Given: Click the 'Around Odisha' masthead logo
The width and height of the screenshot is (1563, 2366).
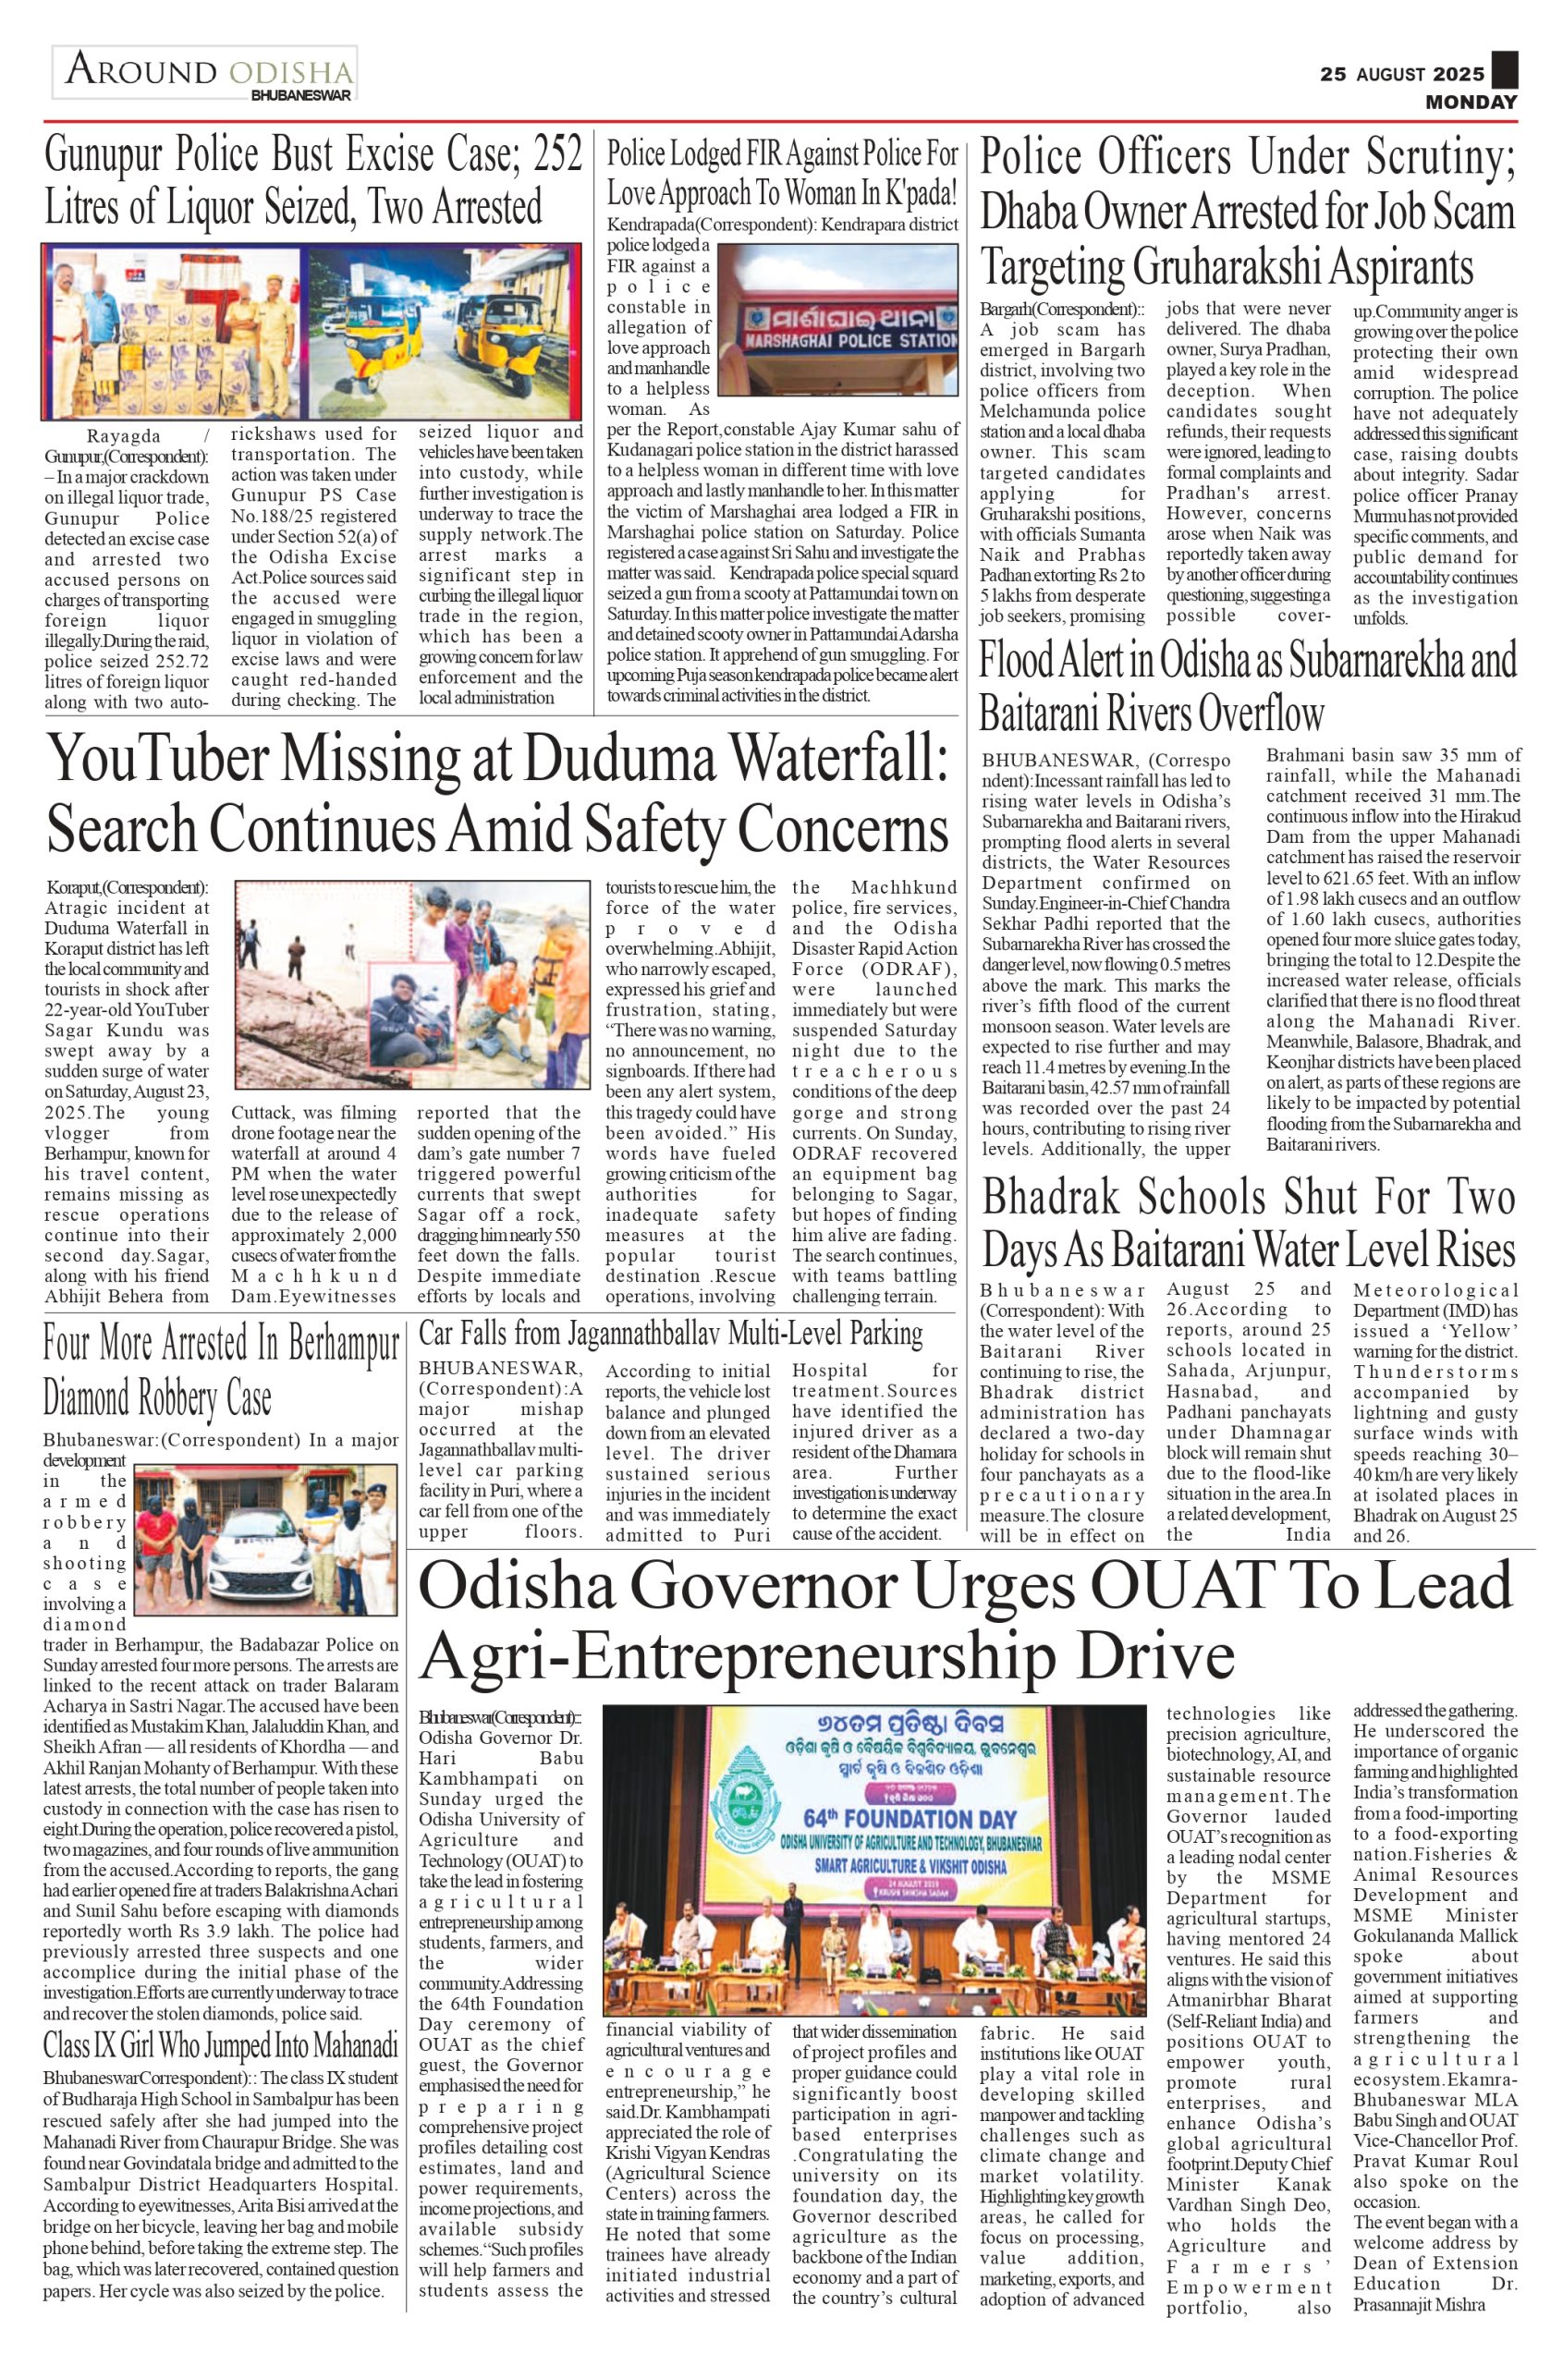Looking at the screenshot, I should tap(205, 71).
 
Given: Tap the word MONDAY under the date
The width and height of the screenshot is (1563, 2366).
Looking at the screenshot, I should tap(1471, 102).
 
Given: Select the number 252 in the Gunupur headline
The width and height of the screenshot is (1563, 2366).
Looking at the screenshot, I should tap(557, 155).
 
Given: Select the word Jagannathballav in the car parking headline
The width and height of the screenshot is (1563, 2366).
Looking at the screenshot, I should tap(649, 1334).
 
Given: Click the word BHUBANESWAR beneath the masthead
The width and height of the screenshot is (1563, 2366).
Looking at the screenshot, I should tap(300, 96).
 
